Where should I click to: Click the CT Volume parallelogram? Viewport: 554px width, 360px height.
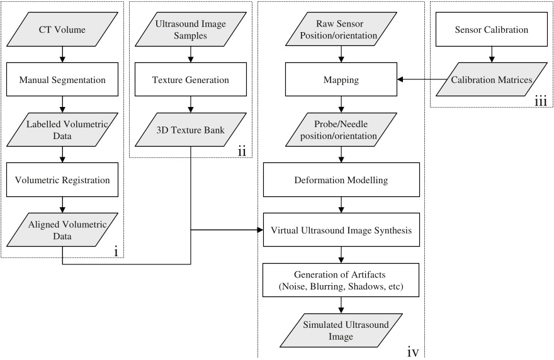(x=62, y=29)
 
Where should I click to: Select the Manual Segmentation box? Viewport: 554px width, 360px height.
(x=62, y=81)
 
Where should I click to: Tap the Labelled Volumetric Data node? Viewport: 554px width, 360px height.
(x=62, y=130)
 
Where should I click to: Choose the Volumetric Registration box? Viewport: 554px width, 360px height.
(x=62, y=180)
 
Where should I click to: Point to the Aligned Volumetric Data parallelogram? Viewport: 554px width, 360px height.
(x=62, y=231)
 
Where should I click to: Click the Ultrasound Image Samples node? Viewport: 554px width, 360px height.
(x=191, y=29)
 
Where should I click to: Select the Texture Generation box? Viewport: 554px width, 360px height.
(x=191, y=81)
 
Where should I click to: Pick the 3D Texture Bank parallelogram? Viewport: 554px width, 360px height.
(x=191, y=130)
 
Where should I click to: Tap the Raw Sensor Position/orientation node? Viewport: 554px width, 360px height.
(x=341, y=29)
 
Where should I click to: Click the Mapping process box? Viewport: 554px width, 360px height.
(x=341, y=81)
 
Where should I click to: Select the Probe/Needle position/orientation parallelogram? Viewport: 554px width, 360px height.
(x=341, y=130)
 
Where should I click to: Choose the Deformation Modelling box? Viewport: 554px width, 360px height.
(x=341, y=180)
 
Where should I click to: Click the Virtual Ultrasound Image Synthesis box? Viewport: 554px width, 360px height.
(x=341, y=231)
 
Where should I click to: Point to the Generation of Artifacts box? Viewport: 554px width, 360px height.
(x=341, y=280)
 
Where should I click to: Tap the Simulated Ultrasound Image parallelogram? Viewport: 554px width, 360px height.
(x=341, y=330)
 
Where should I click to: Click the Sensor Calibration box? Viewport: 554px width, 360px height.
(x=491, y=29)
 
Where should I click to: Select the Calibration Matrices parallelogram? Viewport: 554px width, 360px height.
(x=491, y=81)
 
